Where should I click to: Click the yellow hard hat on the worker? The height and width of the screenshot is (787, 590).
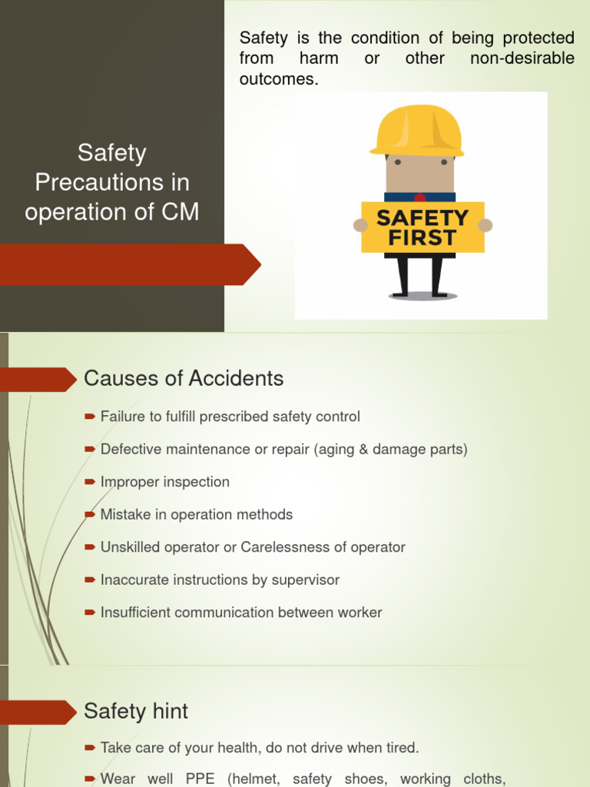[417, 131]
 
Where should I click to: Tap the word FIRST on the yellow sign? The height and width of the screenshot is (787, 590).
[423, 238]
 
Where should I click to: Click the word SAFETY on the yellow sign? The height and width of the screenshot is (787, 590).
[423, 218]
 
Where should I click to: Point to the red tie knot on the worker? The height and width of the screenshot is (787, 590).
[420, 198]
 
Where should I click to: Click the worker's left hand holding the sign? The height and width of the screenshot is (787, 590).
[360, 225]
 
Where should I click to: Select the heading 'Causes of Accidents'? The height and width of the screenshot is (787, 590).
[184, 379]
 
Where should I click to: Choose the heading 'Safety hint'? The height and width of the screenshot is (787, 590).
[136, 712]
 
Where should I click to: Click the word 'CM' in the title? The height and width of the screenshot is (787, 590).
[181, 211]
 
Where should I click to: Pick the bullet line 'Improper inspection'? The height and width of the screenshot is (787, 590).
[164, 483]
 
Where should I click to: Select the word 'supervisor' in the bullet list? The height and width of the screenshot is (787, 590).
[305, 580]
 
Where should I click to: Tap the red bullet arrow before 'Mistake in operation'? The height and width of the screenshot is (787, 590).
[90, 515]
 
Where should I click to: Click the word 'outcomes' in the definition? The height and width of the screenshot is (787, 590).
[277, 80]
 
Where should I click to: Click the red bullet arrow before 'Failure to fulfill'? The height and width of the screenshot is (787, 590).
[90, 417]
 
